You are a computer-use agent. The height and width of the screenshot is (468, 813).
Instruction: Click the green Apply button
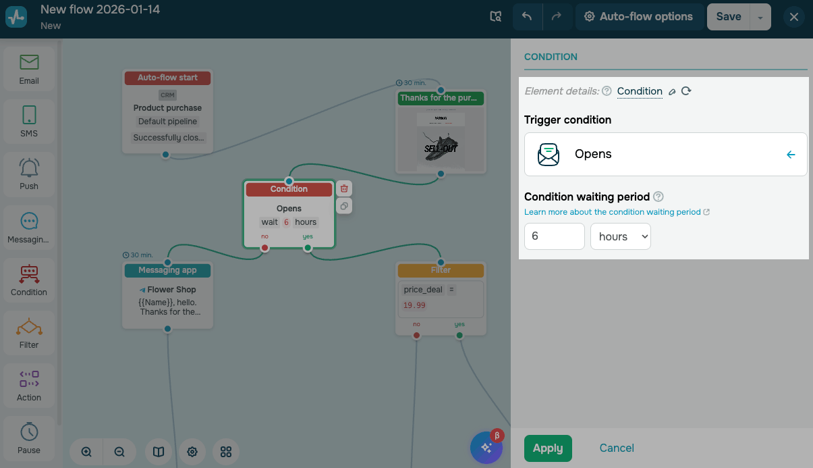[x=548, y=448]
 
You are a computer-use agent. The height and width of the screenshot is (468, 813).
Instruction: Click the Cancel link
[x=617, y=448]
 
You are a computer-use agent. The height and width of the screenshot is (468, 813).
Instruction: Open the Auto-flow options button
[x=638, y=17]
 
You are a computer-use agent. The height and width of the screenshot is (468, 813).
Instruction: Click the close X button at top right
[x=794, y=17]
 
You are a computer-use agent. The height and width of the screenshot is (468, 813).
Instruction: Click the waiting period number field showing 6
[x=554, y=236]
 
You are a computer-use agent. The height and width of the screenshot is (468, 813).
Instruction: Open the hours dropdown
[x=620, y=236]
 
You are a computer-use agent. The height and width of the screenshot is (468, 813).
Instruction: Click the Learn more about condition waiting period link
[x=613, y=212]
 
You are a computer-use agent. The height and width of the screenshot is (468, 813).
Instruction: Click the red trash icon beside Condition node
[x=344, y=189]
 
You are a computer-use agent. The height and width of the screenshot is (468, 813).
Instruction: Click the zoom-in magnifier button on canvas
[x=86, y=452]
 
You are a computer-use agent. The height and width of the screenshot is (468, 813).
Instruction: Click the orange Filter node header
[x=441, y=270]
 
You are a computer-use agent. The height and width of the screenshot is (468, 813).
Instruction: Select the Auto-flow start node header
[x=167, y=78]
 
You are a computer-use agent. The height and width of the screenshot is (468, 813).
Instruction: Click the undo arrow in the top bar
[x=527, y=17]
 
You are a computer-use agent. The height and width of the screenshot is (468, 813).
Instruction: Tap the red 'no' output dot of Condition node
[x=264, y=248]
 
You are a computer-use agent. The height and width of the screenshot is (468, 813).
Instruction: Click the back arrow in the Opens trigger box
[x=791, y=155]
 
